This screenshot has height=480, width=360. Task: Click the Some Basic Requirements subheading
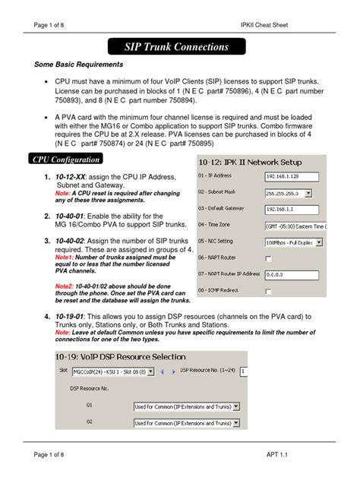click(78, 66)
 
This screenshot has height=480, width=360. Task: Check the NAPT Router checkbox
click(269, 258)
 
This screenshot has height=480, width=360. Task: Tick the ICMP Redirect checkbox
click(269, 291)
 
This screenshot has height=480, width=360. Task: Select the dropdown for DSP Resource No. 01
click(187, 406)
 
